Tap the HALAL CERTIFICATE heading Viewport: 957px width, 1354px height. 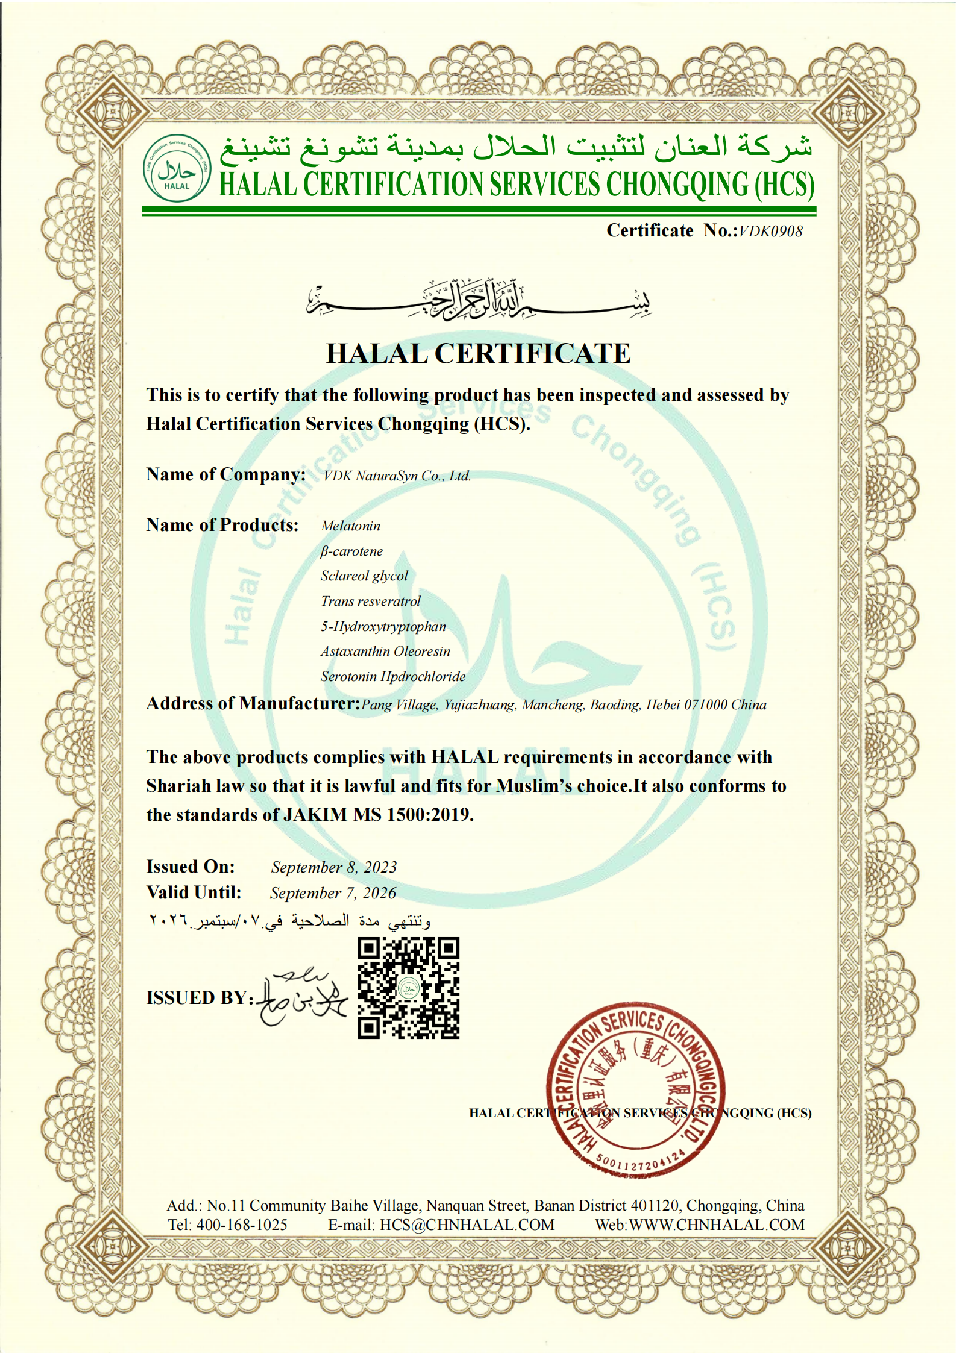tap(478, 354)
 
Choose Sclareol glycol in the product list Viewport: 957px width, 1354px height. tap(364, 576)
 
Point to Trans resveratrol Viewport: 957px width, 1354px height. tap(370, 602)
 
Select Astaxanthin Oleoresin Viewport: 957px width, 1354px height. tap(385, 652)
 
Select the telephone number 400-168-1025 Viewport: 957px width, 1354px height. tap(242, 1225)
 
